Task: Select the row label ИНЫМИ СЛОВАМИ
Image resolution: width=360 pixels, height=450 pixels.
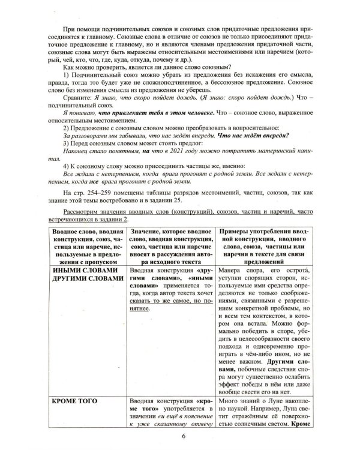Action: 82,271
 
